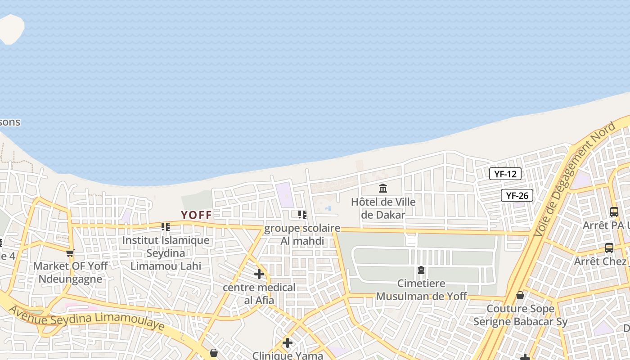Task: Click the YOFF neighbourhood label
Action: [x=196, y=215]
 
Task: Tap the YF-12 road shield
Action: [x=505, y=174]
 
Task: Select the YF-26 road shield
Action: [x=517, y=195]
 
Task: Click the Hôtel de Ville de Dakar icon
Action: [x=383, y=188]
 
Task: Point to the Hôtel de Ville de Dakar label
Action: [x=383, y=208]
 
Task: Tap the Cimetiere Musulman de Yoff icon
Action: [x=421, y=270]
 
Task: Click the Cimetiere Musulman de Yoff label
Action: [x=421, y=290]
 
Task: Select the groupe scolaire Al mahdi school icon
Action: [x=302, y=215]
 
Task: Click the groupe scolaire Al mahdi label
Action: [x=302, y=234]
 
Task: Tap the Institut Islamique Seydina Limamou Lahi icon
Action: [x=166, y=226]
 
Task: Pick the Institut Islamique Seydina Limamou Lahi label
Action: [x=166, y=253]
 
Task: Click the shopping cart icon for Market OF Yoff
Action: [x=70, y=253]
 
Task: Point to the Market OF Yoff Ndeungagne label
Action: [x=70, y=272]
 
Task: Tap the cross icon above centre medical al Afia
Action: [x=259, y=274]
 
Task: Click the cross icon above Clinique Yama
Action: [x=288, y=343]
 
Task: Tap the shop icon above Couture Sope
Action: [x=520, y=295]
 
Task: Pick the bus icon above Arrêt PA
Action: [x=614, y=211]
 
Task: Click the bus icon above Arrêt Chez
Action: [x=609, y=247]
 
